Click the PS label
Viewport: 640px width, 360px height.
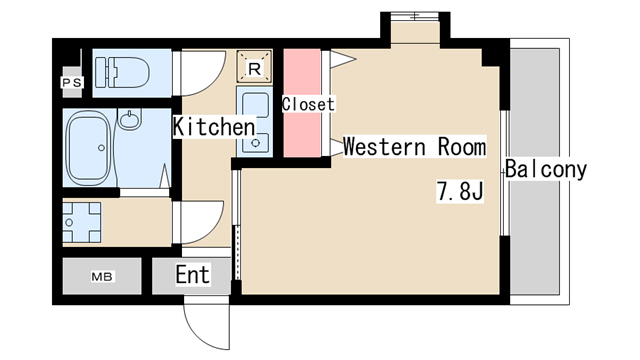(x=72, y=82)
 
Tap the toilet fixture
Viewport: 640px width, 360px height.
(x=122, y=72)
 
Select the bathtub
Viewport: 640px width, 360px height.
(x=89, y=147)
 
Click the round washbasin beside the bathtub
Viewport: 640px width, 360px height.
(x=130, y=119)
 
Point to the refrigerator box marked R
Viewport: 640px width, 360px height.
(x=254, y=67)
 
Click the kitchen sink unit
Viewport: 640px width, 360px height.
(x=254, y=121)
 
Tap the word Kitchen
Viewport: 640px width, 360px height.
(x=214, y=127)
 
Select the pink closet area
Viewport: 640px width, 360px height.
(x=302, y=103)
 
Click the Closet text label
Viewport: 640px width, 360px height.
(x=308, y=104)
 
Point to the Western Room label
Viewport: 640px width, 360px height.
(x=415, y=146)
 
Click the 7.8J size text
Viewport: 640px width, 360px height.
(x=460, y=191)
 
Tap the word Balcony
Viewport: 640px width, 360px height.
(x=546, y=169)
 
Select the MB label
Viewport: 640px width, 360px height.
(x=102, y=277)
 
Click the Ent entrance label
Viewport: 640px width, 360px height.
(x=193, y=274)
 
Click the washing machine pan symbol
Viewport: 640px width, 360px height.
(x=82, y=222)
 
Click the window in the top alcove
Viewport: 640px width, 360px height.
(x=415, y=16)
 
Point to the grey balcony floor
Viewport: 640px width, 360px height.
(x=535, y=171)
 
